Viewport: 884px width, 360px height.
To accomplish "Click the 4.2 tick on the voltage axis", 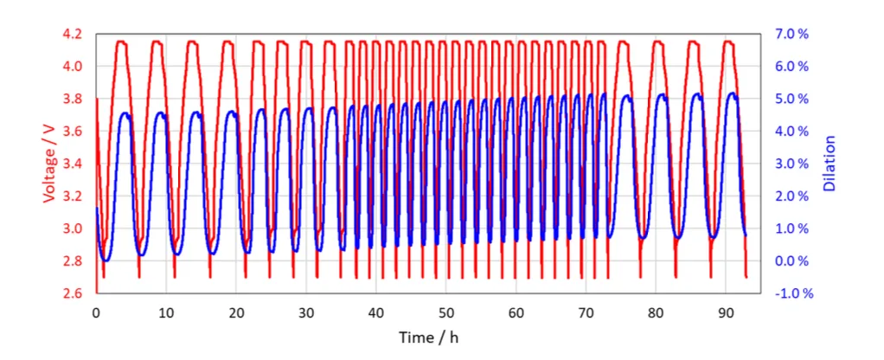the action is coord(73,34).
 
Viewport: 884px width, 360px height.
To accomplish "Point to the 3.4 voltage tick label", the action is coord(73,164).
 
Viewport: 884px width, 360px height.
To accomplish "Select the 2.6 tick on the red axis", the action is coord(73,294).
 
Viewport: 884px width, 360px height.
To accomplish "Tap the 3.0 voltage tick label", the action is coord(73,229).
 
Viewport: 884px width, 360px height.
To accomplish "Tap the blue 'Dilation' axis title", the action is coord(829,164).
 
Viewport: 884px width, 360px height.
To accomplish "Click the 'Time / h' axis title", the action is coord(428,337).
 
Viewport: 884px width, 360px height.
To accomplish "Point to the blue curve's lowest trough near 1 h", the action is coord(106,260).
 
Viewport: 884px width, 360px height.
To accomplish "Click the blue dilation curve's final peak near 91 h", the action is coord(732,93).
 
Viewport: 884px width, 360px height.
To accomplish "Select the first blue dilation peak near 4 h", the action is coord(125,113).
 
